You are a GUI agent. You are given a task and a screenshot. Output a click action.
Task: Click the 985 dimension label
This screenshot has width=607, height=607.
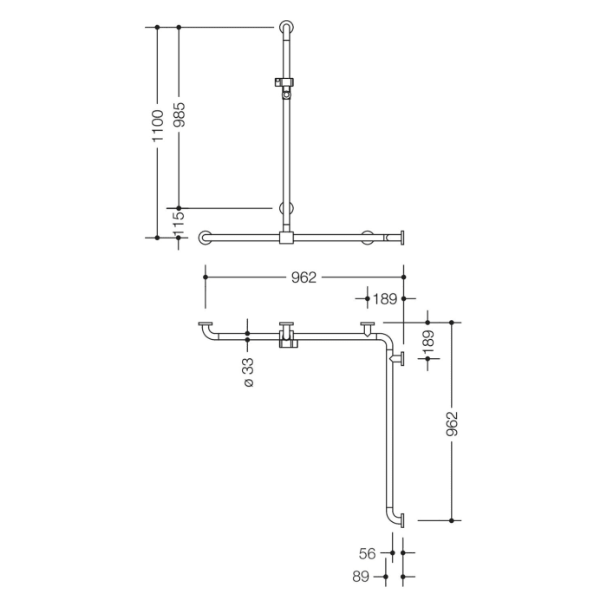point(179,112)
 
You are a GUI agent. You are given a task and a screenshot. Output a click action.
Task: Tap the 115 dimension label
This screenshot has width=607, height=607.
point(179,223)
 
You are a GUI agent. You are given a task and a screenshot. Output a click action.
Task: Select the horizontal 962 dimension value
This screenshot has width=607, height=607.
point(303,277)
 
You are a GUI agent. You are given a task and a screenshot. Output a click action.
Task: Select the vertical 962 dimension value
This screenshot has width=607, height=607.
point(451,423)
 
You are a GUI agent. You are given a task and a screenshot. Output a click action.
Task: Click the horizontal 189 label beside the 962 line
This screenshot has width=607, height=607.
point(386,298)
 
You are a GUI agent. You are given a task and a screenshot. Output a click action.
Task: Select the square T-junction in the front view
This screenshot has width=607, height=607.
point(286,238)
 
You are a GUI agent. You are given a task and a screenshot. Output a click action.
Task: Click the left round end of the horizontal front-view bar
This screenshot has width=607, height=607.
point(206,237)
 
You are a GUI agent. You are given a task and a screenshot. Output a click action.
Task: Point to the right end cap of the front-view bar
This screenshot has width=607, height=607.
point(402,237)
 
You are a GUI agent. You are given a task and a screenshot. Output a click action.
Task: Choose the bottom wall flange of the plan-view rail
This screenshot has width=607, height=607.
point(401,520)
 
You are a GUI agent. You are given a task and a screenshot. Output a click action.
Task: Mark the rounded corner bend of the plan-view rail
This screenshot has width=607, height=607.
point(384,339)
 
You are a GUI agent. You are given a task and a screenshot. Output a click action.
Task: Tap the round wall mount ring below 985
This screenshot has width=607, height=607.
point(286,209)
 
